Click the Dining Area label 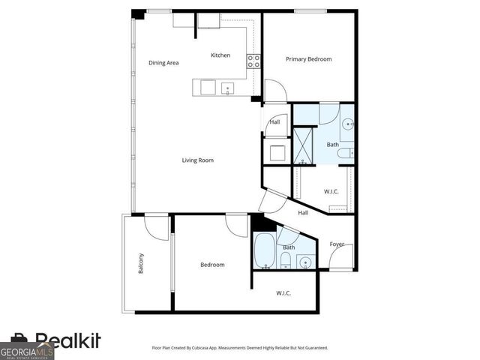tap(163, 63)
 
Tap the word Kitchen tap(220, 55)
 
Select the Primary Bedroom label tap(309, 58)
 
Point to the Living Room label tap(198, 160)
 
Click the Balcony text tap(141, 264)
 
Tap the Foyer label tap(337, 244)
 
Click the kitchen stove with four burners tap(254, 61)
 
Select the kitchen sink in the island tap(226, 88)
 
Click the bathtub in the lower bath tap(264, 251)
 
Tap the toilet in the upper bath tap(345, 154)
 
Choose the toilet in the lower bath tap(286, 260)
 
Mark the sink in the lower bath tap(304, 262)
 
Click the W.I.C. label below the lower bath tap(283, 292)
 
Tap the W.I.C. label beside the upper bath tap(331, 191)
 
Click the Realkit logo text tap(67, 341)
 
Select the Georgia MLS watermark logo tap(27, 350)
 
